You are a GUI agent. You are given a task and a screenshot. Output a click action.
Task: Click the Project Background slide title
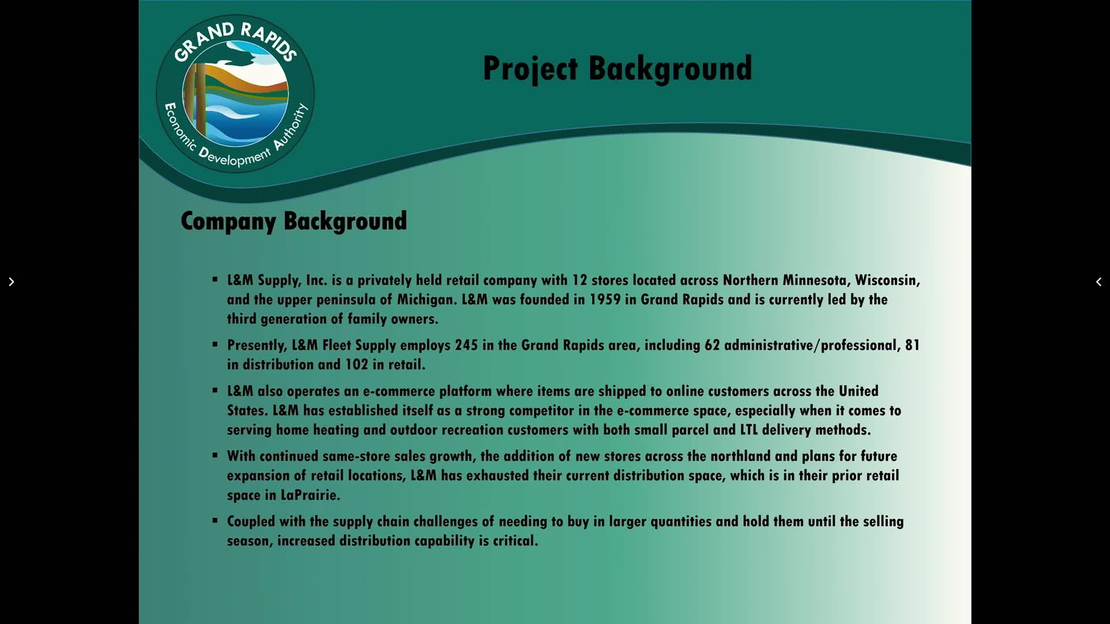tap(617, 69)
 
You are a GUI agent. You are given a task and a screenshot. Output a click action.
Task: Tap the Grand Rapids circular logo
tap(235, 94)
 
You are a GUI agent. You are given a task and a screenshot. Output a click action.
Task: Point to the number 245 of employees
tap(467, 346)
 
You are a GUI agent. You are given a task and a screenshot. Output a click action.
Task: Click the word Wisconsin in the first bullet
tap(887, 281)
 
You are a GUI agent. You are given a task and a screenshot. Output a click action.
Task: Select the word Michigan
tap(427, 300)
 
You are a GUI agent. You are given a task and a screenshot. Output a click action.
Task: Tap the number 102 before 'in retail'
tap(357, 365)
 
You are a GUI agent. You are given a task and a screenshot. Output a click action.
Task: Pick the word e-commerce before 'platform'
tap(399, 392)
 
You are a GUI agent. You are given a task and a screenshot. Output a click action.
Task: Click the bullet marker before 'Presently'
tap(215, 344)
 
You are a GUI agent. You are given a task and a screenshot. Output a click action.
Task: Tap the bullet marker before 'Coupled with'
tap(215, 521)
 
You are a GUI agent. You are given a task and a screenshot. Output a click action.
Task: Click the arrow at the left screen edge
tap(11, 282)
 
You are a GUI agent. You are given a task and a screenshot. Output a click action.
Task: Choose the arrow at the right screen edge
tap(1098, 282)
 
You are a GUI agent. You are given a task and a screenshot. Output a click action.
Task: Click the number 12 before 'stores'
tap(579, 281)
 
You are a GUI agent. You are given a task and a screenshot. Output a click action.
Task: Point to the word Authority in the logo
tap(293, 127)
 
